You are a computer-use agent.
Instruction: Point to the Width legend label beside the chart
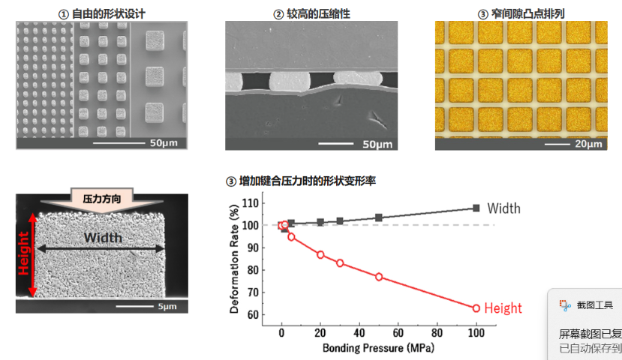[x=503, y=208]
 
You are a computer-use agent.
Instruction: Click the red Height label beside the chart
[x=503, y=308]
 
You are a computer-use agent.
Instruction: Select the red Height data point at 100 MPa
[x=476, y=307]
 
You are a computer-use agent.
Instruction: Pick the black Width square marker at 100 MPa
[x=476, y=208]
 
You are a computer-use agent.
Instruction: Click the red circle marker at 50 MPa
[x=379, y=277]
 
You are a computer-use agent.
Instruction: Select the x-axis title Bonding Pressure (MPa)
[x=379, y=348]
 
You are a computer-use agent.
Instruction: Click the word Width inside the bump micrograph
[x=102, y=238]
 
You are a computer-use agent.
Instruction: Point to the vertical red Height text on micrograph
[x=23, y=254]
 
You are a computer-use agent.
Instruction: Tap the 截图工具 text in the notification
[x=594, y=305]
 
